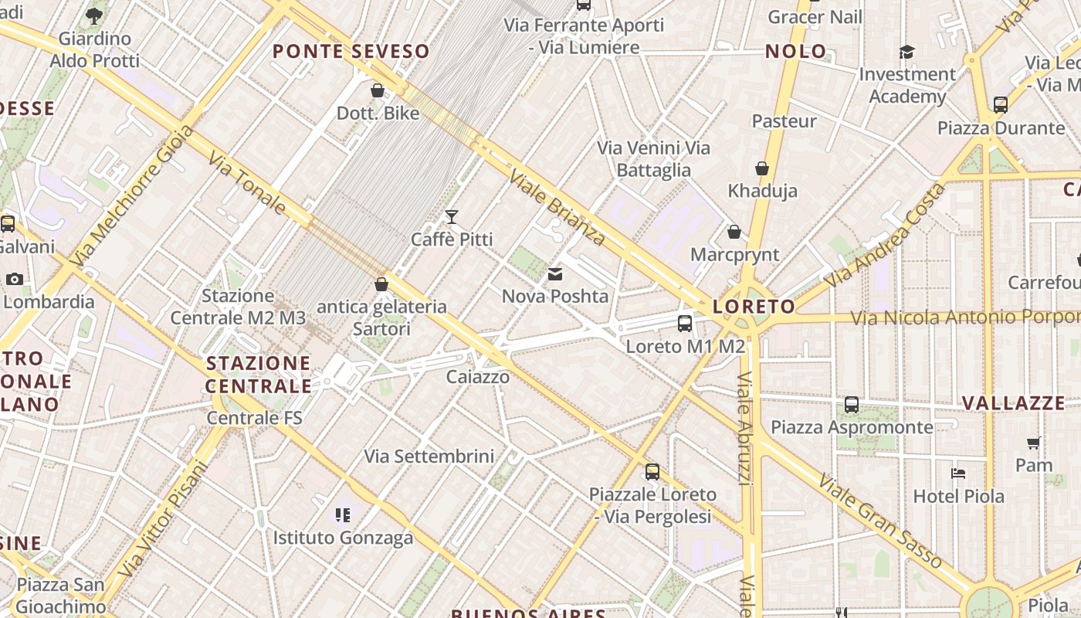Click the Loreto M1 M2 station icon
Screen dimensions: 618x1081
[x=685, y=324]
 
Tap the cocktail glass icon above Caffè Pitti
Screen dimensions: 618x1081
[x=452, y=217]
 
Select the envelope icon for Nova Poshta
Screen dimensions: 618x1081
[x=554, y=273]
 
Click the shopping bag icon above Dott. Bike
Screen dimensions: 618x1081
[x=378, y=90]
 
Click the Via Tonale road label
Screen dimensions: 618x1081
[x=247, y=182]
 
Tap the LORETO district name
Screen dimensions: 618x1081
[x=754, y=307]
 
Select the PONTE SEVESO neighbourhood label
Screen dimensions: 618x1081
[x=351, y=52]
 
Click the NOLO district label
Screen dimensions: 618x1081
[x=795, y=52]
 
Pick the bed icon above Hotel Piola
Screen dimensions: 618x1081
[x=958, y=474]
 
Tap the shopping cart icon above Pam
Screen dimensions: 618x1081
[x=1034, y=443]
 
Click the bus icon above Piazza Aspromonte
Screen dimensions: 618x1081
[x=852, y=404]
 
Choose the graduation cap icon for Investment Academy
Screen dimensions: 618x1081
[x=906, y=52]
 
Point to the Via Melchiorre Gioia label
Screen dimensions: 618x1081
[x=131, y=197]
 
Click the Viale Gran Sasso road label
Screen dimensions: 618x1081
[x=879, y=521]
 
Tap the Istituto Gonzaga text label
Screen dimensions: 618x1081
[x=343, y=538]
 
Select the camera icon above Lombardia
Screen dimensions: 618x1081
[x=14, y=279]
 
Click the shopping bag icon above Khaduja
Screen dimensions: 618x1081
[x=762, y=168]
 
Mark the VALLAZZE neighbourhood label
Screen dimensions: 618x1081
[x=1013, y=403]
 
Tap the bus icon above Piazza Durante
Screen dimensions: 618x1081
[x=1001, y=105]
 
